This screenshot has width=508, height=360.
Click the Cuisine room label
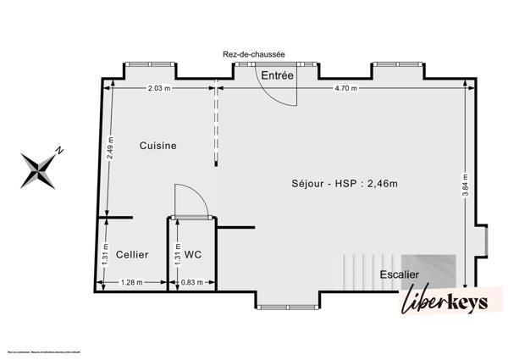[x=158, y=146]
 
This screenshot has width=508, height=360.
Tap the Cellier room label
[x=132, y=254]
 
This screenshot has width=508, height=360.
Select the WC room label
[x=192, y=254]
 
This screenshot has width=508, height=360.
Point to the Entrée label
[x=277, y=76]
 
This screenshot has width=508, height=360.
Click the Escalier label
[x=399, y=274]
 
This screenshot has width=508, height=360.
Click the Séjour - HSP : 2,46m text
[x=345, y=183]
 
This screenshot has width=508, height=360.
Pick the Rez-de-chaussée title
[x=253, y=54]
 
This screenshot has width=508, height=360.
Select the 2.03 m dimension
[x=158, y=88]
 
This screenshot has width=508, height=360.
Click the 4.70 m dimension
[x=345, y=88]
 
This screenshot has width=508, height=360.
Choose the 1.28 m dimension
[x=131, y=283]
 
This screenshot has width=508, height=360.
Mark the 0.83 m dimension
[x=192, y=283]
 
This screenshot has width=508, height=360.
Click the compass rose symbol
[x=39, y=169]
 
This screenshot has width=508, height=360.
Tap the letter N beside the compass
[x=60, y=152]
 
